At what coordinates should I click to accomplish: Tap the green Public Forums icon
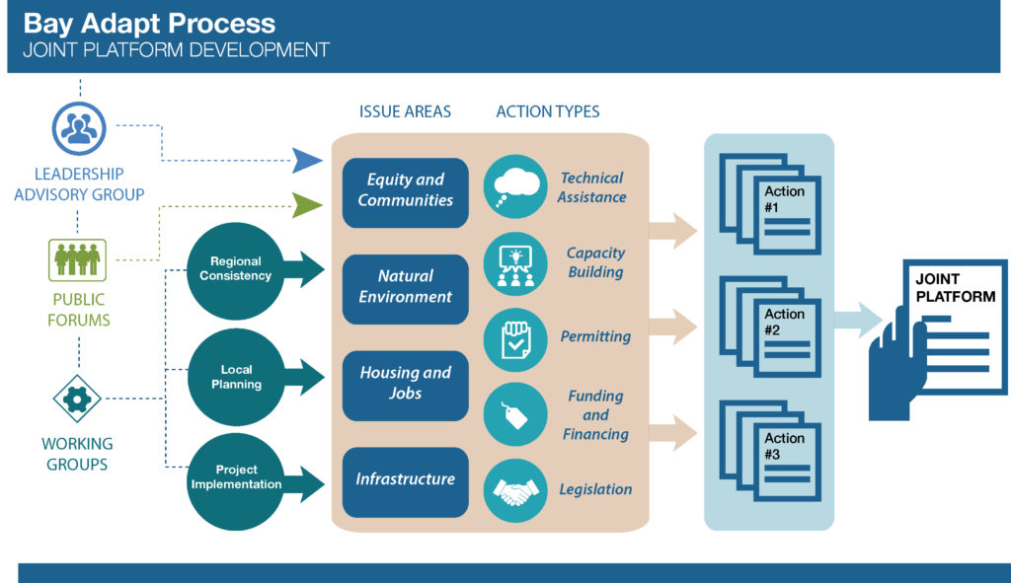(x=78, y=258)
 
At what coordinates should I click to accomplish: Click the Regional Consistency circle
(x=236, y=269)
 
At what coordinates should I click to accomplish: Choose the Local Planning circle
(x=236, y=377)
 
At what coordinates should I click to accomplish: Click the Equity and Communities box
(x=406, y=191)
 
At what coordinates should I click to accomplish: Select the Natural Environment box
(x=406, y=288)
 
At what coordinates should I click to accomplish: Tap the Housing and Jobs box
(x=406, y=384)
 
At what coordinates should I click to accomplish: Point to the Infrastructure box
(x=406, y=480)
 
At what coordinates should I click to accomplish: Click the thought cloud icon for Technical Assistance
(x=515, y=186)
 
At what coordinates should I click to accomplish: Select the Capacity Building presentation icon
(x=515, y=263)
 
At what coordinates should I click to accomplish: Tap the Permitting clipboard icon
(x=515, y=338)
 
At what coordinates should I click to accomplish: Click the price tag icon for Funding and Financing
(x=515, y=414)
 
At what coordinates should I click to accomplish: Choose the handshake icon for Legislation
(x=515, y=490)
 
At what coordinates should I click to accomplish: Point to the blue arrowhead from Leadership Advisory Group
(x=308, y=158)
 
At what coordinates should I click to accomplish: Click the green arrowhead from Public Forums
(x=308, y=205)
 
